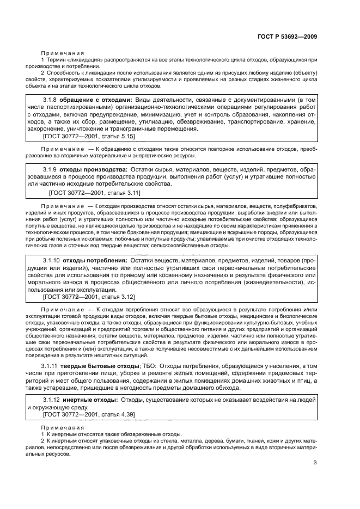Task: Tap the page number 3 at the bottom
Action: (315, 463)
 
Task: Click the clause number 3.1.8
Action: (50, 100)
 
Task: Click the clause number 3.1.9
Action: (50, 170)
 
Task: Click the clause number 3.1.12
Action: (52, 400)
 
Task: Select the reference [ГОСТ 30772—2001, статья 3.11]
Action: (95, 193)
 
